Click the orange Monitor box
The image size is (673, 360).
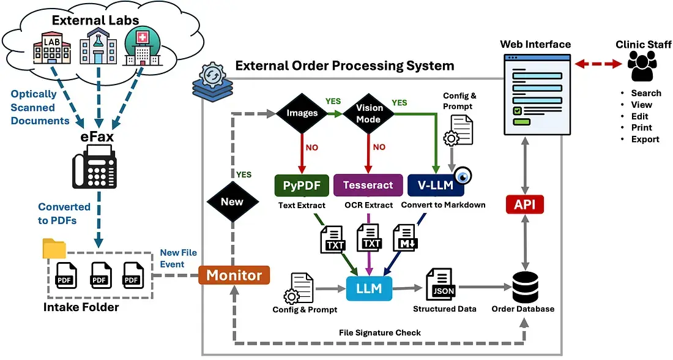pos(234,276)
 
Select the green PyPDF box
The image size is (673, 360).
pos(302,185)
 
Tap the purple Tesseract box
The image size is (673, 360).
pos(368,185)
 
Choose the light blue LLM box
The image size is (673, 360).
pos(369,288)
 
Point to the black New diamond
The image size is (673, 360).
pos(232,201)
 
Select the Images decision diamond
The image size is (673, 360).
pos(302,113)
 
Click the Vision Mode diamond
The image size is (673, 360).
pos(369,113)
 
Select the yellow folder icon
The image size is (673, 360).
pos(54,248)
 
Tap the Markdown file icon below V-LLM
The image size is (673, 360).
pos(404,239)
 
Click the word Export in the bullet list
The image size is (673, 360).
pos(645,139)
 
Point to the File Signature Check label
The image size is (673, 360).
pos(380,332)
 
